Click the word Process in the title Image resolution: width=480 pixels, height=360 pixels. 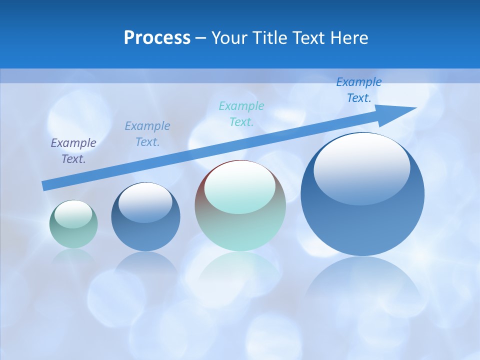pyautogui.click(x=157, y=38)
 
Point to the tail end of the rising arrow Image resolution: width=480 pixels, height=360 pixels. pyautogui.click(x=45, y=185)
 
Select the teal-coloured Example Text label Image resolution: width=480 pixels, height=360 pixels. pyautogui.click(x=241, y=113)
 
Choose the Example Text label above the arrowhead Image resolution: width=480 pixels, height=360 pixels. pyautogui.click(x=358, y=90)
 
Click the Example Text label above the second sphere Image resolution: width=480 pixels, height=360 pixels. pyautogui.click(x=147, y=133)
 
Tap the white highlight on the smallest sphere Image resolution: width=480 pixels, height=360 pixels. pyautogui.click(x=73, y=214)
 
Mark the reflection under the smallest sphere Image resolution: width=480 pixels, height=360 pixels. pyautogui.click(x=73, y=256)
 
